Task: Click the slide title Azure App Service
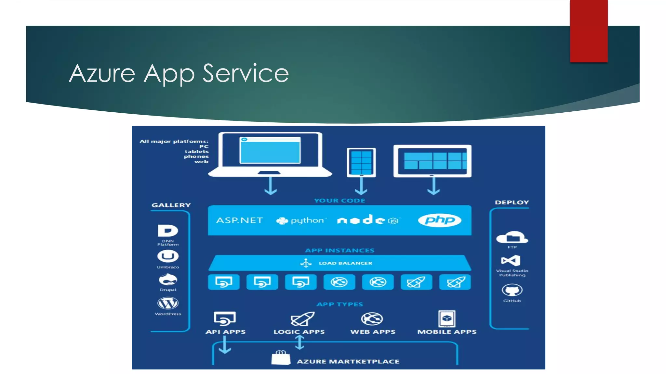(179, 73)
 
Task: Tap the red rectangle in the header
(589, 31)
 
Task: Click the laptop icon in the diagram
(270, 154)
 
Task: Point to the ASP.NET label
(240, 220)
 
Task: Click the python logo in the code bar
(300, 221)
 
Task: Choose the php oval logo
(439, 220)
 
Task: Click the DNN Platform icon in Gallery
(168, 231)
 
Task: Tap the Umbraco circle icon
(168, 256)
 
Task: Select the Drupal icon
(168, 280)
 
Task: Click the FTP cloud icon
(512, 238)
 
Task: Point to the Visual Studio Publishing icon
(511, 261)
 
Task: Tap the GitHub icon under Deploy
(512, 290)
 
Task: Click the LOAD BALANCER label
(345, 263)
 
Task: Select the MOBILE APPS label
(447, 332)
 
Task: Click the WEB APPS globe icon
(372, 319)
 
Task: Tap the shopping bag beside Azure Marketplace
(281, 358)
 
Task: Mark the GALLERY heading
(171, 205)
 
